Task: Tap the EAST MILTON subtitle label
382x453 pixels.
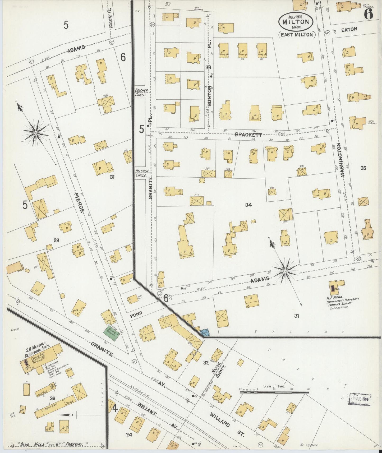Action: click(297, 35)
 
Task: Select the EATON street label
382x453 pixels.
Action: click(349, 30)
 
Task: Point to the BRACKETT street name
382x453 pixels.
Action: click(248, 135)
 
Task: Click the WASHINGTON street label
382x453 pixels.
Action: click(343, 160)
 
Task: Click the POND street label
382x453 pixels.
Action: click(136, 314)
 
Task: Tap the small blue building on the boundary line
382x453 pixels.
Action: click(204, 332)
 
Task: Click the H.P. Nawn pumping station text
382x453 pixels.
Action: click(342, 302)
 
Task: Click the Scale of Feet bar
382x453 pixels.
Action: click(274, 392)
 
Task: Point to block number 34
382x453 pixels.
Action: click(248, 205)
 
